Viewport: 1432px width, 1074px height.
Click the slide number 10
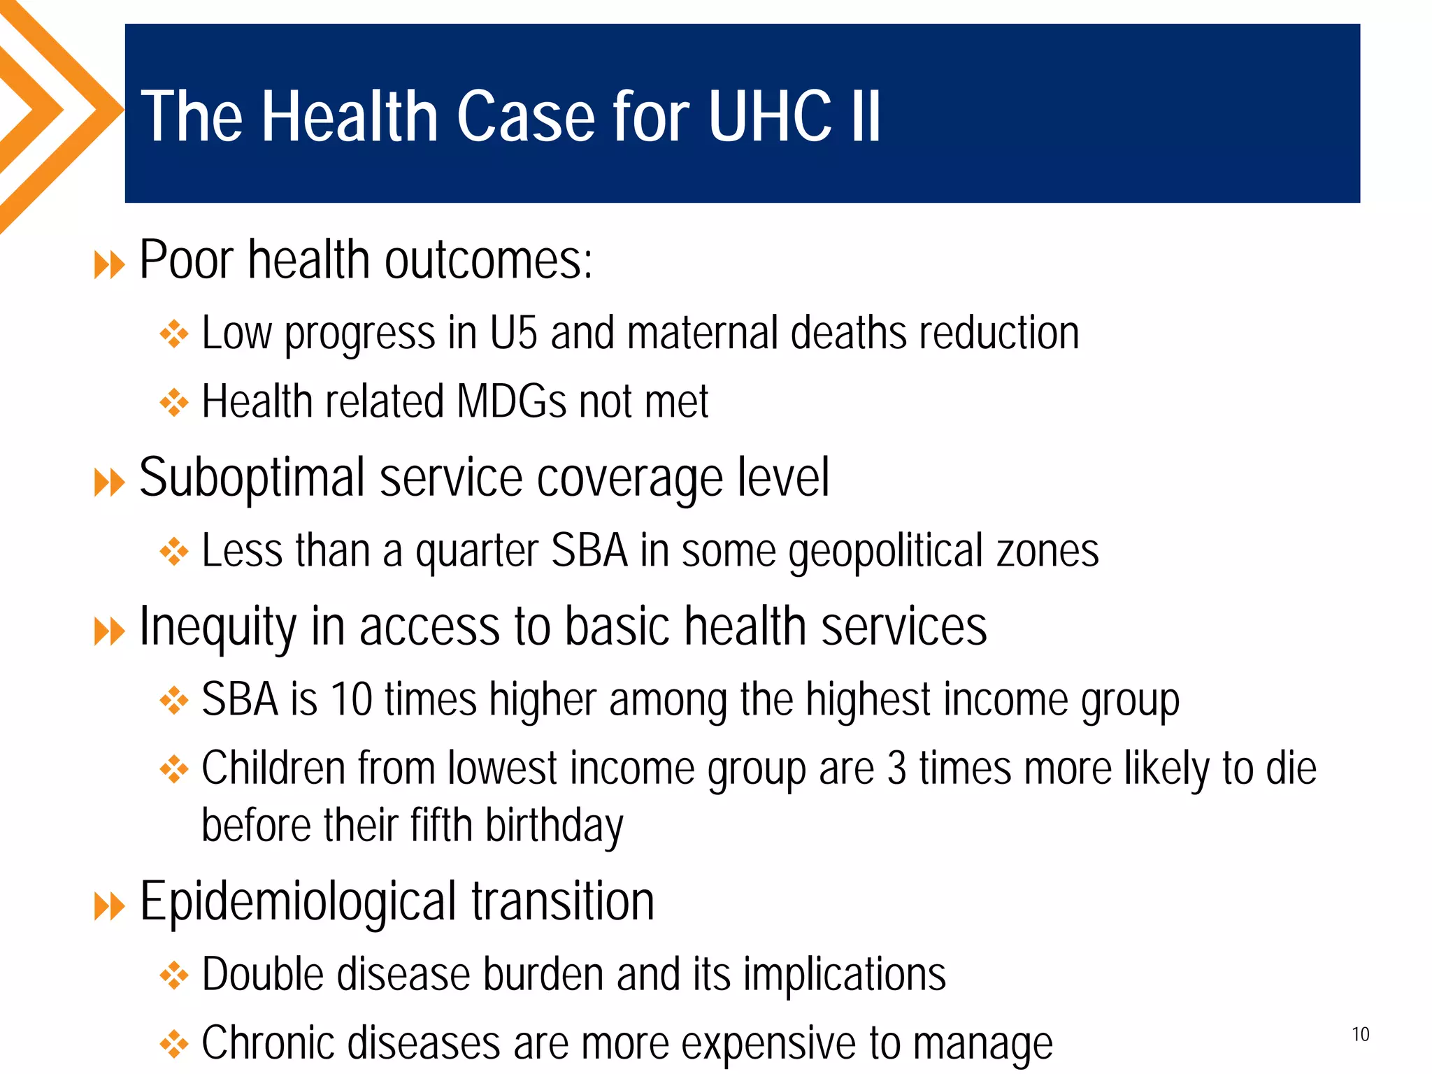click(1360, 1034)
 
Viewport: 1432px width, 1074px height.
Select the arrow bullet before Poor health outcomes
click(109, 266)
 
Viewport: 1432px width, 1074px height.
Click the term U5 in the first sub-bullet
click(513, 333)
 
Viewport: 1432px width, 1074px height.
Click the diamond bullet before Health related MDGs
click(174, 403)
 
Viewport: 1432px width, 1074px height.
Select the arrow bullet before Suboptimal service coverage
click(109, 482)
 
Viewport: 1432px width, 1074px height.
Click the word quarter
click(477, 552)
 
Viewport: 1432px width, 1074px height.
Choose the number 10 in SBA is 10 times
click(351, 699)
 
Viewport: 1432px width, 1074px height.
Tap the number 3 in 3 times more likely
click(897, 768)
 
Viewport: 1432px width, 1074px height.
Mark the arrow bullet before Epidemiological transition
click(109, 907)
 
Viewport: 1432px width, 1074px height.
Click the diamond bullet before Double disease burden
click(174, 975)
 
